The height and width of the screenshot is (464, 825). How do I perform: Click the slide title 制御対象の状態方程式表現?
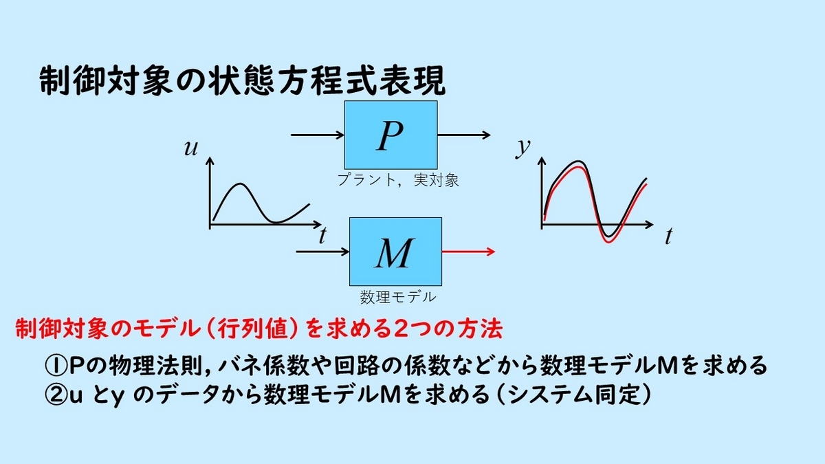click(x=242, y=81)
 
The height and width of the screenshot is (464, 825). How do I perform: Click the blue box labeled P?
click(x=390, y=135)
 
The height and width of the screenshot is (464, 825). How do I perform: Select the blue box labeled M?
click(x=395, y=252)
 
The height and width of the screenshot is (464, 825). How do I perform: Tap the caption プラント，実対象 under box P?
click(x=398, y=181)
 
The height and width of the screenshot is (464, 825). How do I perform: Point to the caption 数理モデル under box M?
click(x=397, y=298)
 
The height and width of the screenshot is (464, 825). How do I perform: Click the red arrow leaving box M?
click(x=467, y=252)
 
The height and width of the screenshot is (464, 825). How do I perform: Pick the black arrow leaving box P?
click(x=463, y=135)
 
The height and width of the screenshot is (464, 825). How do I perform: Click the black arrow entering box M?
click(x=322, y=252)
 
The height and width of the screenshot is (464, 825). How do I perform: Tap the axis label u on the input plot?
click(x=190, y=147)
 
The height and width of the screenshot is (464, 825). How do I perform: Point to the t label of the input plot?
click(x=322, y=236)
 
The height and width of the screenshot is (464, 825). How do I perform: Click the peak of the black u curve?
click(x=239, y=184)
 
